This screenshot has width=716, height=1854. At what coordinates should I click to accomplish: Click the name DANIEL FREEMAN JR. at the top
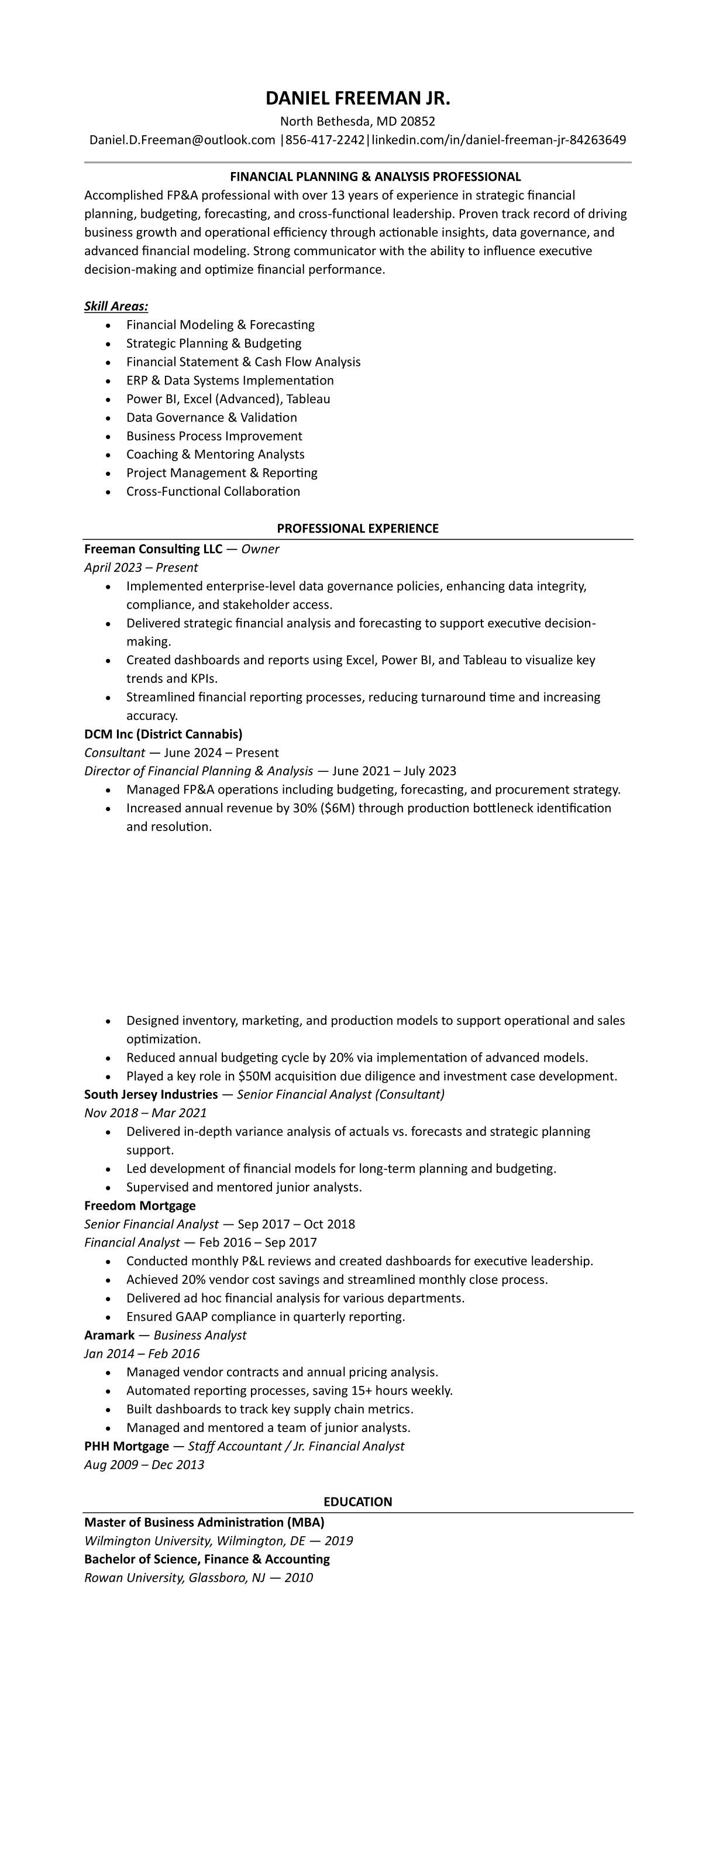[x=357, y=98]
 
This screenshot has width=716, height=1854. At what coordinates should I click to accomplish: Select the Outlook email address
[x=182, y=140]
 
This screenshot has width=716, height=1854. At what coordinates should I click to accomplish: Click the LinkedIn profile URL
[x=498, y=140]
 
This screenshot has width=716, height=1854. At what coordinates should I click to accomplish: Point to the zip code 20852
[x=417, y=122]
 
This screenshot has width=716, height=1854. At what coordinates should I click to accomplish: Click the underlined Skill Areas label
[x=116, y=307]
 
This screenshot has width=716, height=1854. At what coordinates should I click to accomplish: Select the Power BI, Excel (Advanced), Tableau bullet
[x=228, y=399]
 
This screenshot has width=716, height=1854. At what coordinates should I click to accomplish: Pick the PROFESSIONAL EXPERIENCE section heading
[x=357, y=528]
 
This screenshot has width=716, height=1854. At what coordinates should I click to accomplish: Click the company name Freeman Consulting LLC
[x=153, y=549]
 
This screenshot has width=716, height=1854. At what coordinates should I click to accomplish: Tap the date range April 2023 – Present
[x=141, y=568]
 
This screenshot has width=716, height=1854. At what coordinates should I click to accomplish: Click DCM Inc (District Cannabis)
[x=163, y=734]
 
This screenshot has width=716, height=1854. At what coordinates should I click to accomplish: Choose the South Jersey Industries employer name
[x=151, y=1095]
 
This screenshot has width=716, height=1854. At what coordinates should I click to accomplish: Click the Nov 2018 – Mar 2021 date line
[x=145, y=1114]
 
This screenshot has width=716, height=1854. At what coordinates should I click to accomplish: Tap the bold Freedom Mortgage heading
[x=140, y=1206]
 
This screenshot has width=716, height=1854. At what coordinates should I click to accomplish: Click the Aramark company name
[x=109, y=1335]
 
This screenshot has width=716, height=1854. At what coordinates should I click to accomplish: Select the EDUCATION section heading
[x=357, y=1502]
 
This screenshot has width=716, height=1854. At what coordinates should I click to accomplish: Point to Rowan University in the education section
[x=133, y=1578]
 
